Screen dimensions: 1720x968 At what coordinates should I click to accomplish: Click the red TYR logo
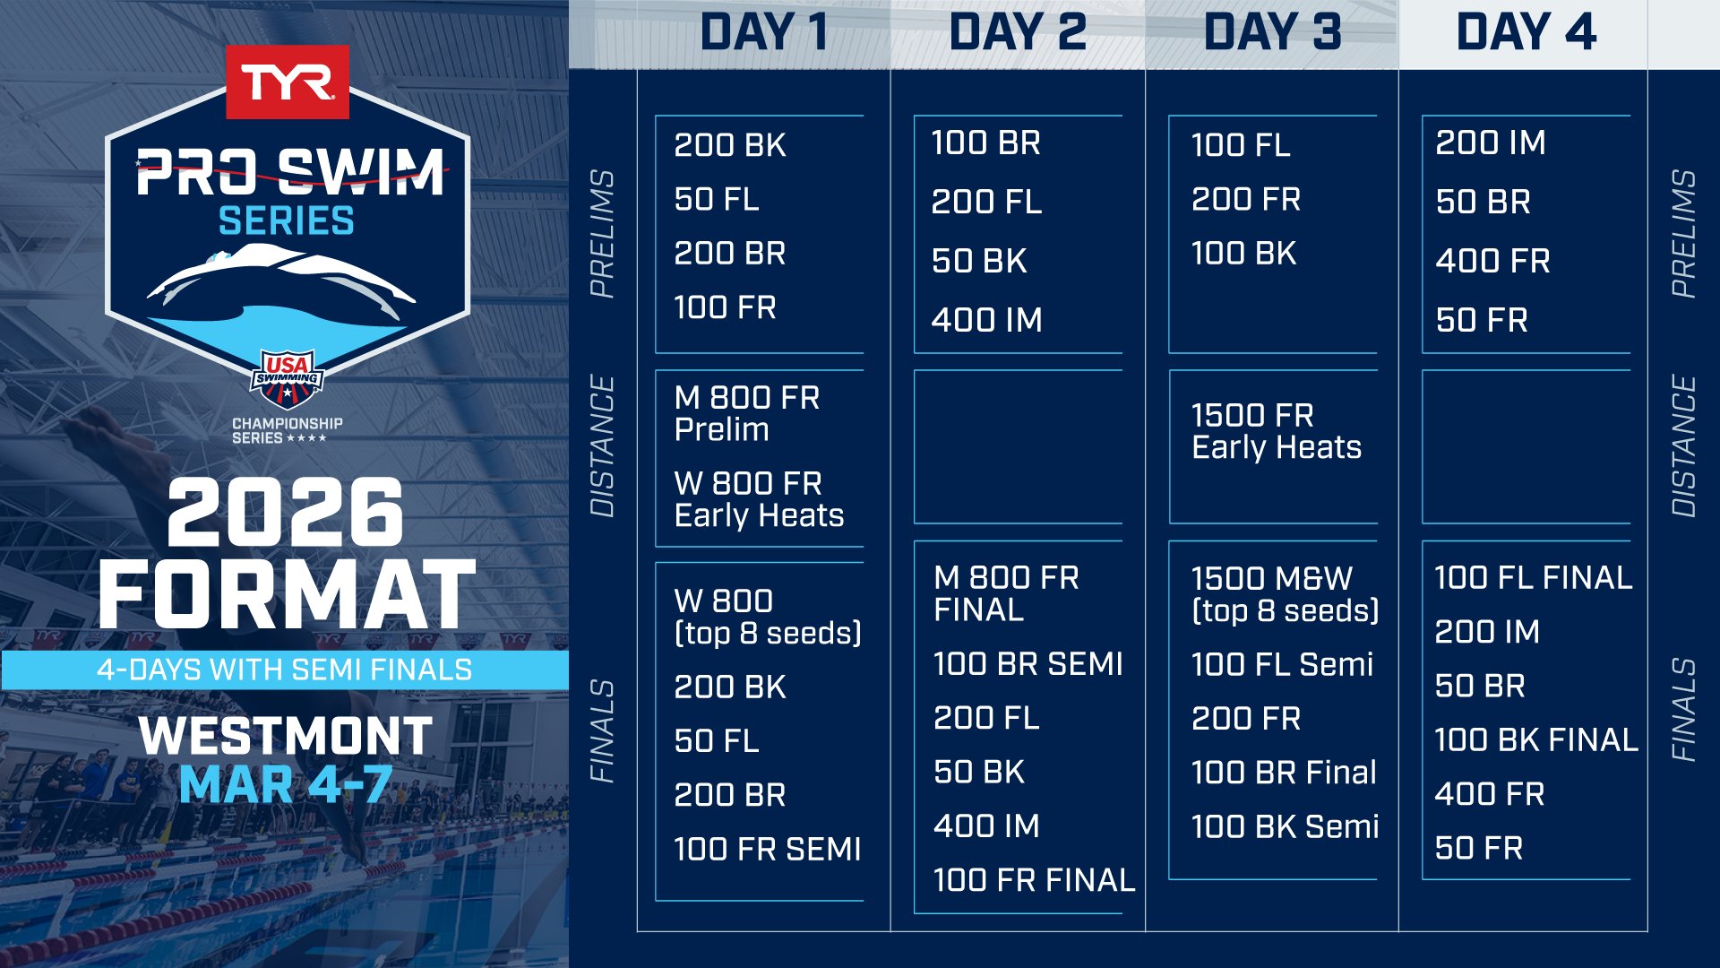[287, 82]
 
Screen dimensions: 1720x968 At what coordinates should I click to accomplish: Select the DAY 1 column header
[764, 32]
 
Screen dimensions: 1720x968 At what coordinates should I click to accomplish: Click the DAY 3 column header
[1272, 32]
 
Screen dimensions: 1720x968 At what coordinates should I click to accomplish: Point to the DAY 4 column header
[1526, 32]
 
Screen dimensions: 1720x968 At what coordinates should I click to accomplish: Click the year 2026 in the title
[286, 512]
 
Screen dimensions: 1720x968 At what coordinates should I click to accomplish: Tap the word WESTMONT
[286, 736]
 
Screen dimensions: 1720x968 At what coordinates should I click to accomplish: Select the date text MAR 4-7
[286, 785]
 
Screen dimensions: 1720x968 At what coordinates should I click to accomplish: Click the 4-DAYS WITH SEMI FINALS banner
[285, 670]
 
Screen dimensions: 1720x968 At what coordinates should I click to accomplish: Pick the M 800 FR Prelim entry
[747, 413]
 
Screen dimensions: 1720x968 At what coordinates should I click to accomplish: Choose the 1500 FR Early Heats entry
[1277, 431]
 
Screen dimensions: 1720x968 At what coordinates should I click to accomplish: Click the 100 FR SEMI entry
[768, 849]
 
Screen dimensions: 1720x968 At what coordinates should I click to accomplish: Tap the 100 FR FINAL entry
[1035, 880]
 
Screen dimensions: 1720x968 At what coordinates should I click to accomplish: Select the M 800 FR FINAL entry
[1006, 593]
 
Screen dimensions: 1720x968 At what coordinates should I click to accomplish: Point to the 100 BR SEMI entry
[1028, 664]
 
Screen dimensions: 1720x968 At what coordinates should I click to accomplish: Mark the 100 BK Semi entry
[1286, 826]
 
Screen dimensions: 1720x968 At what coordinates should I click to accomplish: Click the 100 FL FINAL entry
[1534, 577]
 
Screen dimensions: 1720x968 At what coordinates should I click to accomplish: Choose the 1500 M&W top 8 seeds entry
[1286, 594]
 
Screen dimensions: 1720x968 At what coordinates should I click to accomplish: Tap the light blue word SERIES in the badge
[287, 220]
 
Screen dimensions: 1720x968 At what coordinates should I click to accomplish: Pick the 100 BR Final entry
[1284, 773]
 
